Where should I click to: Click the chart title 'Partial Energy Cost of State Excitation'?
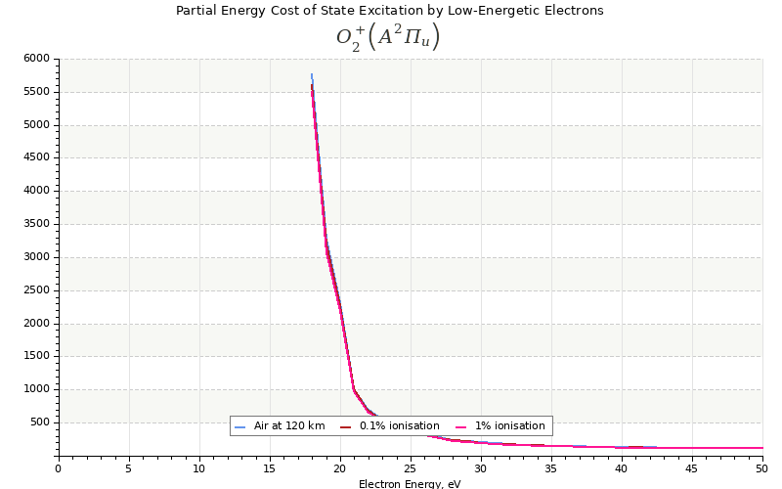[x=389, y=11]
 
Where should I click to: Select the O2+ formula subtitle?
[x=388, y=37]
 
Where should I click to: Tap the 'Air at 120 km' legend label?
[x=289, y=426]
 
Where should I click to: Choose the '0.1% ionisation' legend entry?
[x=399, y=426]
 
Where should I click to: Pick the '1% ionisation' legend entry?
[x=509, y=426]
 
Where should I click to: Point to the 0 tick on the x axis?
[x=59, y=468]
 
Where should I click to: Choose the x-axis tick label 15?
[x=270, y=468]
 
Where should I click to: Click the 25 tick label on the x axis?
[x=411, y=468]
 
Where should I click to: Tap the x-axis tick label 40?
[x=622, y=468]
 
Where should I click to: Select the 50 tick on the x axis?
[x=762, y=468]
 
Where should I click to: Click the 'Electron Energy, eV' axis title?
[x=410, y=483]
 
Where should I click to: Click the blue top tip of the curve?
[x=312, y=75]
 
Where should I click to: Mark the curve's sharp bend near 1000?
[x=354, y=389]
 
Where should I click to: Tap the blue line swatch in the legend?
[x=239, y=426]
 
